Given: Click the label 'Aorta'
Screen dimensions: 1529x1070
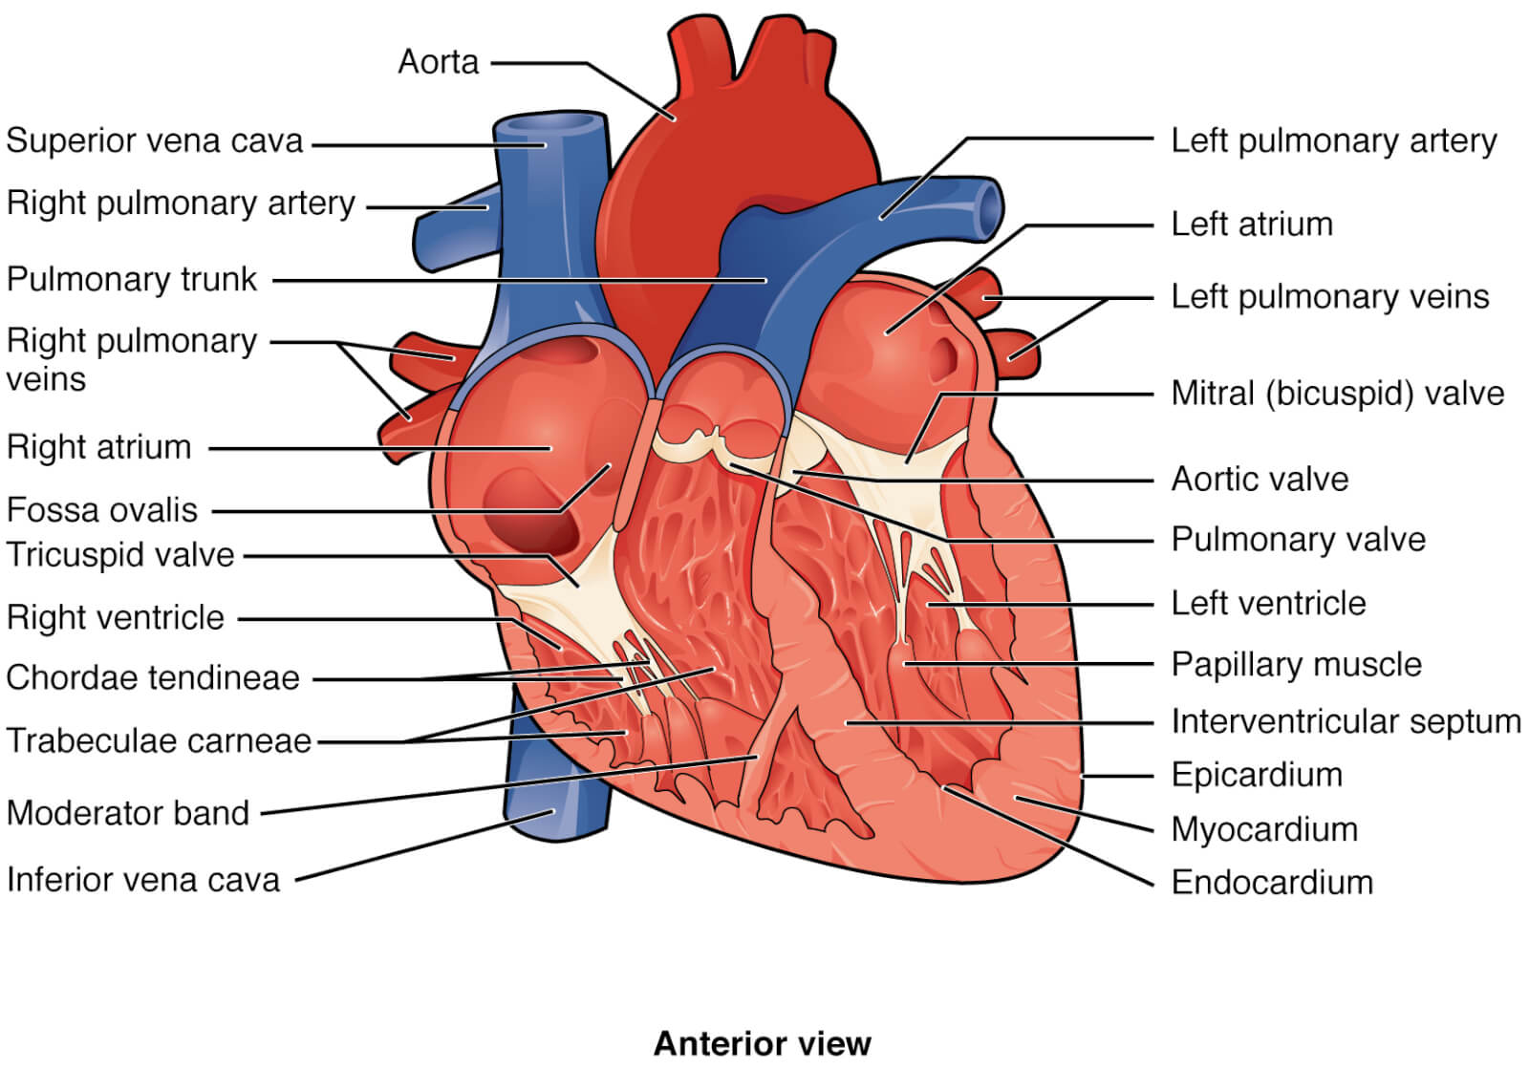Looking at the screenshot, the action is pyautogui.click(x=439, y=62).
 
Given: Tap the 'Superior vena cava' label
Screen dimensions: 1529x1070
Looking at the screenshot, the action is pyautogui.click(x=154, y=141).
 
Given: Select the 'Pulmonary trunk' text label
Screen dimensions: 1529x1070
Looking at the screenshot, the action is pyautogui.click(x=132, y=279).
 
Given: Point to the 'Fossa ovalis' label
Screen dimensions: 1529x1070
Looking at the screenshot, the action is pyautogui.click(x=101, y=510).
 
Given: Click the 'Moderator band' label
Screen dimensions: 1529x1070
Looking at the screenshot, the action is pyautogui.click(x=128, y=813).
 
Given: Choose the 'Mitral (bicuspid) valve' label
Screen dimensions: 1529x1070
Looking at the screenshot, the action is pyautogui.click(x=1338, y=393).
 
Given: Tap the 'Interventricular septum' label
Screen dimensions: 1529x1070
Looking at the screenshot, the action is pyautogui.click(x=1346, y=721).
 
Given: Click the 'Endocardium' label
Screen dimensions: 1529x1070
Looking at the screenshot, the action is pyautogui.click(x=1272, y=883).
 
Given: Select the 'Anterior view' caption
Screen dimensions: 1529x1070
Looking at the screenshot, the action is pyautogui.click(x=763, y=1043).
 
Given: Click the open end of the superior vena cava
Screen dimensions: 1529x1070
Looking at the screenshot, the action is pyautogui.click(x=549, y=122).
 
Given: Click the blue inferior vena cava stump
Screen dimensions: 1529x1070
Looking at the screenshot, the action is pyautogui.click(x=556, y=792).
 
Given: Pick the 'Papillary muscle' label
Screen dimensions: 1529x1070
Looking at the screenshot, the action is pyautogui.click(x=1297, y=665).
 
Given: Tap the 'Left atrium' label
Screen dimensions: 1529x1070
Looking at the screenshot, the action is pyautogui.click(x=1253, y=225).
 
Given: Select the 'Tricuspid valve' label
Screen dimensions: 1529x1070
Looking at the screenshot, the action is pyautogui.click(x=120, y=555).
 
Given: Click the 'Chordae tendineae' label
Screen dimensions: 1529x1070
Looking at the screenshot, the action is pyautogui.click(x=153, y=677).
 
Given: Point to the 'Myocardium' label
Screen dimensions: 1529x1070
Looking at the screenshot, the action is pyautogui.click(x=1265, y=830).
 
